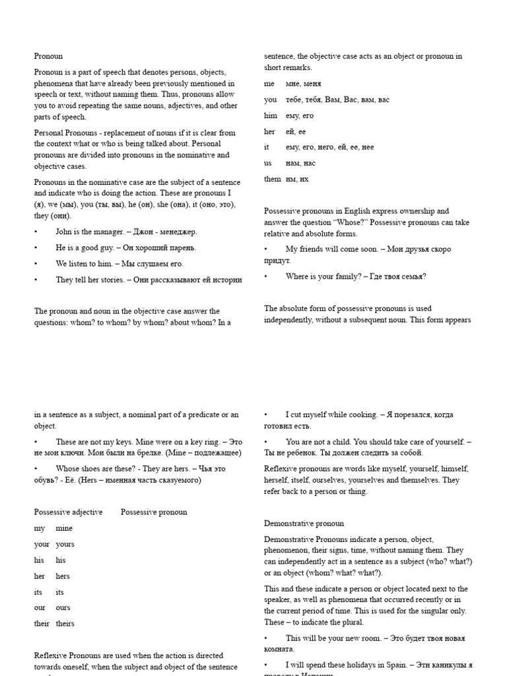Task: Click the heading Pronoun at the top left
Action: [48, 57]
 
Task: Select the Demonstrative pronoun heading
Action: [304, 524]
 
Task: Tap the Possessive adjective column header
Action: [68, 512]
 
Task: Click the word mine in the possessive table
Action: [64, 528]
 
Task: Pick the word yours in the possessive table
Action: [65, 545]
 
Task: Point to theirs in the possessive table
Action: [65, 624]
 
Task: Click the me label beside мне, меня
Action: [269, 84]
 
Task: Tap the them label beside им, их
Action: [272, 179]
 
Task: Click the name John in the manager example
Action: [63, 232]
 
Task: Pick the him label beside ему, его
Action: [270, 116]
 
